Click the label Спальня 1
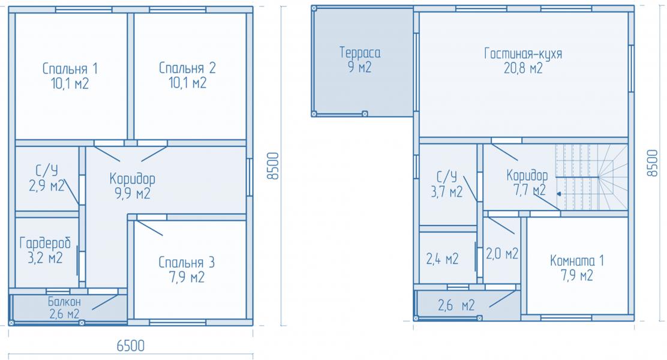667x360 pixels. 70,68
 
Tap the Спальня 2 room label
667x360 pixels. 187,68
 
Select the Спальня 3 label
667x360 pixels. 187,262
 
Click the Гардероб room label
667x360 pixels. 45,243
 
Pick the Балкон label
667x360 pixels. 64,302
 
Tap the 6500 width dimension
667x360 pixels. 131,346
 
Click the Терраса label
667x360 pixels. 360,52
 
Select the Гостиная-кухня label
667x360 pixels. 523,53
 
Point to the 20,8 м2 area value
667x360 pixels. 523,68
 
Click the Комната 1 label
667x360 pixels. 577,260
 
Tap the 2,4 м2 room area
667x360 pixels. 443,259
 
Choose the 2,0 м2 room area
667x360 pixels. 503,254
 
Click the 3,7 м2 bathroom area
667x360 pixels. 447,192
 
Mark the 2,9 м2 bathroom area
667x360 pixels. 47,186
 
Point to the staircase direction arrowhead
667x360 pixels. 558,194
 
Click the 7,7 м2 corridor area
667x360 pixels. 530,190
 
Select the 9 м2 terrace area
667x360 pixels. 360,67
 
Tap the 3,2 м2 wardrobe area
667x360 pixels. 45,257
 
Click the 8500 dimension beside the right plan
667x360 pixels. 651,163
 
